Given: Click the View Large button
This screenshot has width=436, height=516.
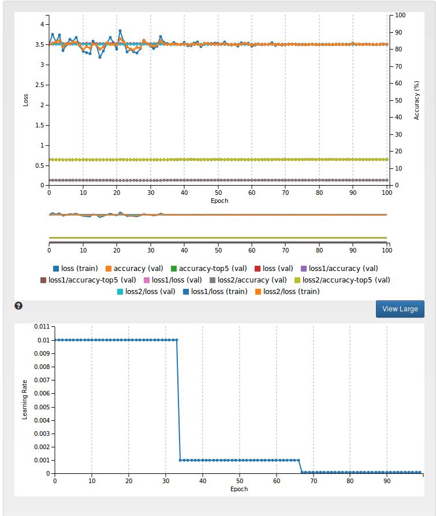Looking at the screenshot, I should click(x=400, y=308).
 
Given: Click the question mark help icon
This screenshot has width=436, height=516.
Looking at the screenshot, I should click(x=18, y=306).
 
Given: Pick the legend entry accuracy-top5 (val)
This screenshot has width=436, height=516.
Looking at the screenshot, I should click(x=208, y=268).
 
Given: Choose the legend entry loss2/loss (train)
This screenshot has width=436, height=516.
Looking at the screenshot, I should click(x=286, y=291).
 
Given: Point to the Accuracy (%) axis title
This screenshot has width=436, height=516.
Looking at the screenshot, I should click(x=416, y=100).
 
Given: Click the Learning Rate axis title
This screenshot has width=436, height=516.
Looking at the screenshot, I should click(x=25, y=399).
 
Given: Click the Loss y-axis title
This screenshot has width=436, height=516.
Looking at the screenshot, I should click(x=25, y=100).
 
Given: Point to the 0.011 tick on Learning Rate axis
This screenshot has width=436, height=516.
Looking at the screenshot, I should click(x=42, y=327).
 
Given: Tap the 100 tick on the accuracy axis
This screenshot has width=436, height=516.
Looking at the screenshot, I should click(x=400, y=16).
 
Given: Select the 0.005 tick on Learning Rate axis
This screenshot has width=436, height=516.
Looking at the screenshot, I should click(x=42, y=407).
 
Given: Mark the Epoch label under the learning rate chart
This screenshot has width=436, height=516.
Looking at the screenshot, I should click(x=239, y=489).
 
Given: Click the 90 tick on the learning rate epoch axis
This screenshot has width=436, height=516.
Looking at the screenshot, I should click(x=387, y=481).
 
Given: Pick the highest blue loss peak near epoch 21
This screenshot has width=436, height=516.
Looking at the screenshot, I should click(x=120, y=31).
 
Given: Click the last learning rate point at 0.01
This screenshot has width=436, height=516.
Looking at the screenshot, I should click(x=176, y=340).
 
